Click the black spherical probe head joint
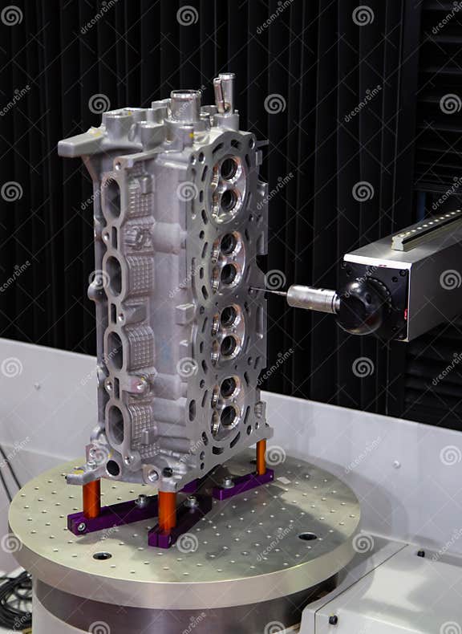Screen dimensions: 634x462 (x=361, y=306)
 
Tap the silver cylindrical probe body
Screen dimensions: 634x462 (x=312, y=299)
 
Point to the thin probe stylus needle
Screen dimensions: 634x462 (x=268, y=292)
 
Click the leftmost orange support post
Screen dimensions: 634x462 (x=91, y=498)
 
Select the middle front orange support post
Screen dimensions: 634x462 (x=167, y=510)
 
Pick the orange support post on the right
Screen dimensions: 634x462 (x=261, y=457)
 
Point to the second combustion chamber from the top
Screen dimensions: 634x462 (x=228, y=257)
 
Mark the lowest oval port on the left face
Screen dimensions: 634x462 (x=115, y=425)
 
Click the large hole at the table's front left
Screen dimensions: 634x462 (x=102, y=555)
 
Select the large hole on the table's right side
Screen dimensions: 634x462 (x=308, y=536)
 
